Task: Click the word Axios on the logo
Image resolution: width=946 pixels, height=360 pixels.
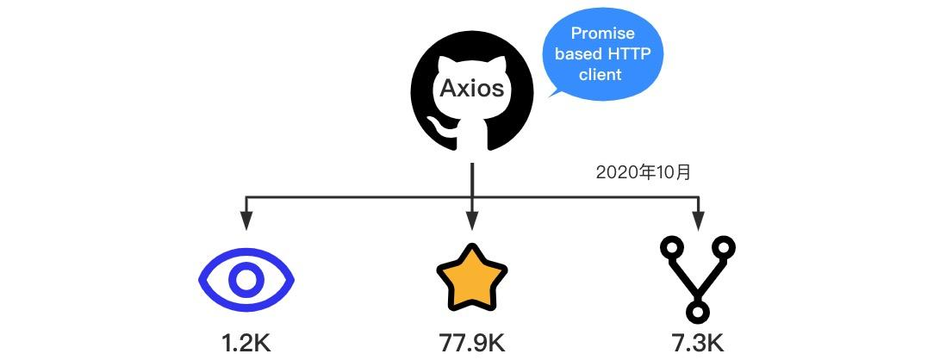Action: (471, 89)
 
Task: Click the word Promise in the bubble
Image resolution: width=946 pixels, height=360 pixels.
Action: (603, 34)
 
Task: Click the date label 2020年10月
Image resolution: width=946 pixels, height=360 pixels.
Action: (644, 172)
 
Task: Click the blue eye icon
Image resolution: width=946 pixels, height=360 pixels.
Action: (246, 279)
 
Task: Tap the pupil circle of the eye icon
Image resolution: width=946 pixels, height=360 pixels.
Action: (246, 279)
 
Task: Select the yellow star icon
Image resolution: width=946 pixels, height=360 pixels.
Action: (471, 277)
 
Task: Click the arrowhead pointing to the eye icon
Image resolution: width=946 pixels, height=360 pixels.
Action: (246, 221)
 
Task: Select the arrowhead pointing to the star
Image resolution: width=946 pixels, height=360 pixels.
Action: (471, 221)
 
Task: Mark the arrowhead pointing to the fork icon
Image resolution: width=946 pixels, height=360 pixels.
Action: (697, 221)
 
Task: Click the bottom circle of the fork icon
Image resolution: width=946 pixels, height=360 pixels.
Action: (697, 307)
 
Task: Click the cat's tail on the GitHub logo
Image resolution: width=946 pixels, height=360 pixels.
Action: (445, 129)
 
